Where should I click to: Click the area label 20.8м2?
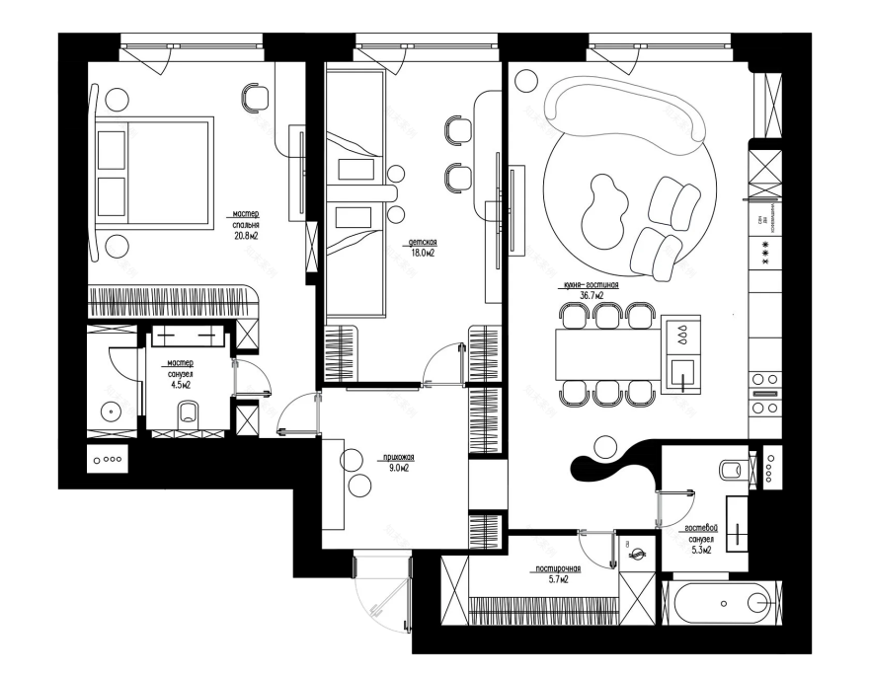(246, 236)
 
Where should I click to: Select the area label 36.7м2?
(592, 294)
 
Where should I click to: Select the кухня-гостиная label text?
(591, 283)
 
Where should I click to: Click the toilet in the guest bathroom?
(733, 468)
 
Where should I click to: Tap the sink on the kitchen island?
(683, 374)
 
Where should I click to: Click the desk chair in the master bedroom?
(255, 97)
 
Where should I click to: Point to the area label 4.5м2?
(180, 385)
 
